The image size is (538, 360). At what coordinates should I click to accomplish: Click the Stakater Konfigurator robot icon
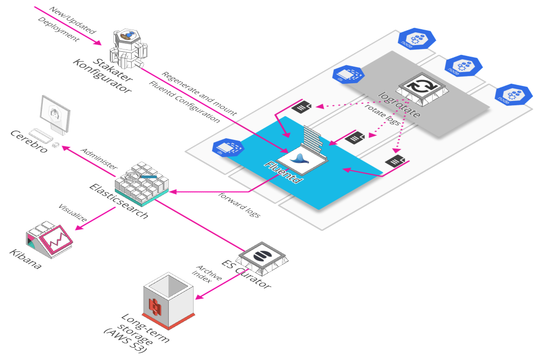[131, 45]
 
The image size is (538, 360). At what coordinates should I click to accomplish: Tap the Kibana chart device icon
[50, 238]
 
